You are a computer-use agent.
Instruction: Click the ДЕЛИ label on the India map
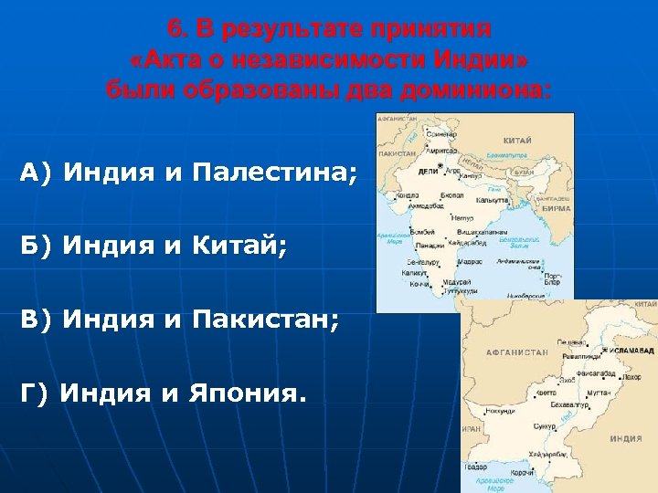pyautogui.click(x=428, y=171)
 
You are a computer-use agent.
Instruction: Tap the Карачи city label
pyautogui.click(x=522, y=472)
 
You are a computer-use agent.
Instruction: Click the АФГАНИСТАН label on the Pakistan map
pyautogui.click(x=516, y=351)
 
